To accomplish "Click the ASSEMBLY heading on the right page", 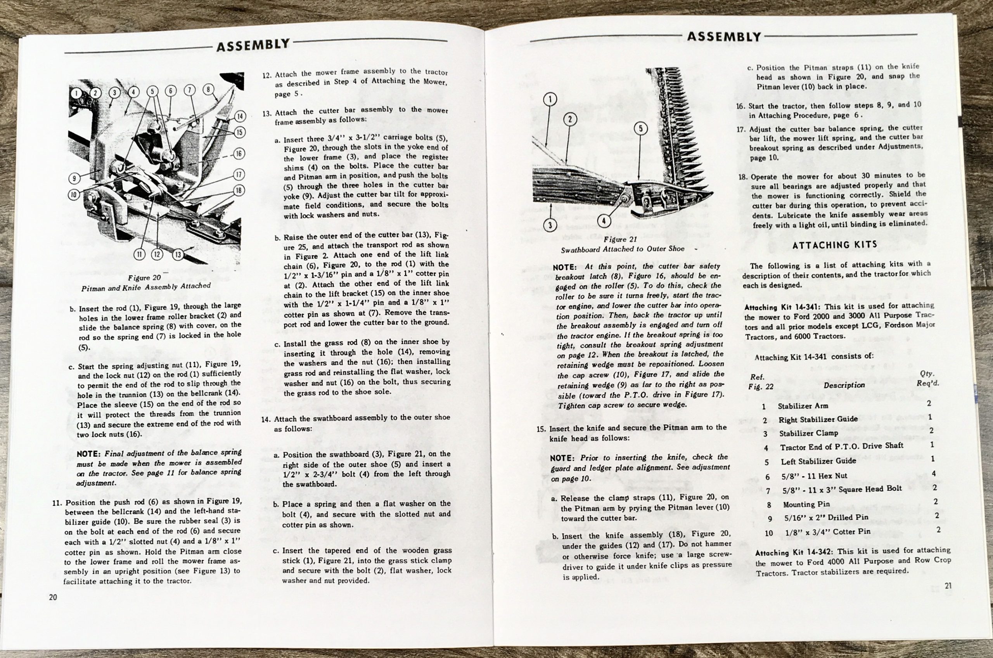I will click(724, 37).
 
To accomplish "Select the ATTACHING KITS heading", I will click(831, 245).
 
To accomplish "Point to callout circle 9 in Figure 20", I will click(74, 178).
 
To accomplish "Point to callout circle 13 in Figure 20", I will click(178, 254).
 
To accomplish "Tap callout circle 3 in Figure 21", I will click(550, 225).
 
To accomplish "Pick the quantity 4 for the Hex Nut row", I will click(933, 473).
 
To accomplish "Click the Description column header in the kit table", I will click(844, 385).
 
